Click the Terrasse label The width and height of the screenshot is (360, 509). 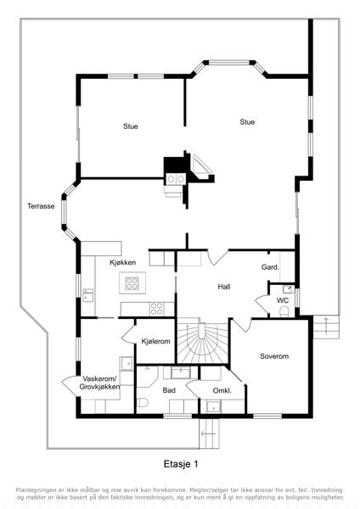coord(41,206)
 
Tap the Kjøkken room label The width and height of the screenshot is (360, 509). coord(122,262)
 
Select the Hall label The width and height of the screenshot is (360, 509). coord(224,287)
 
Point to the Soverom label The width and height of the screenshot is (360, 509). coord(274,356)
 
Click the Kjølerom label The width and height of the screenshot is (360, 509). coord(155,342)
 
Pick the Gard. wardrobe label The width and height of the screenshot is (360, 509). coord(270,267)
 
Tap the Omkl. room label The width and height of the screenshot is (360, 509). coord(222,391)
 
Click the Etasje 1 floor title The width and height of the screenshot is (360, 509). coord(181,464)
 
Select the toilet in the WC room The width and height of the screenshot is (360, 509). coord(284,311)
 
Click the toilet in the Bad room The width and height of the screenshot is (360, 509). coord(143,402)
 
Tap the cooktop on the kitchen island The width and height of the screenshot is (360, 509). coord(132,283)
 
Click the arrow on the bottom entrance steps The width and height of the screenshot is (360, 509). coord(208,433)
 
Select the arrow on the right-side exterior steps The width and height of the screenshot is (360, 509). coord(325,325)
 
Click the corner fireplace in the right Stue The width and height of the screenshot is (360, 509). coord(201,165)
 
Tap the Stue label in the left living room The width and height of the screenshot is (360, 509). coord(130,126)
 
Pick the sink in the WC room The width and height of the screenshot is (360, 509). coord(288,289)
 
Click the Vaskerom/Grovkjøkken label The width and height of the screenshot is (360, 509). coord(99,383)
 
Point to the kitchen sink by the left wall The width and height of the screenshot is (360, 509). coord(87,295)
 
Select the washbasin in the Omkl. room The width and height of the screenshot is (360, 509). coord(214,406)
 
